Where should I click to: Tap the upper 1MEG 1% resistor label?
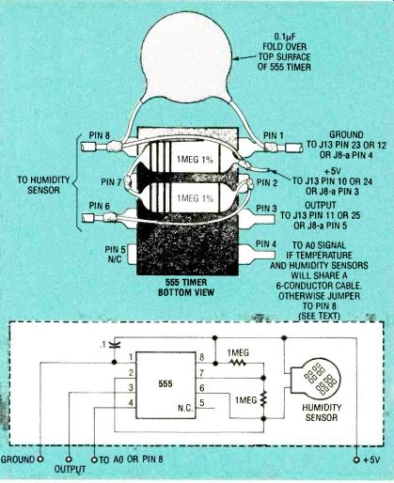click(195, 160)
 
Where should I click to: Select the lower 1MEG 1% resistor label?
click(195, 198)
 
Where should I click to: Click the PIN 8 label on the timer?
click(100, 135)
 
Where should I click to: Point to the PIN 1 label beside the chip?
click(274, 135)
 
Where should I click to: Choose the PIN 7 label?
click(111, 181)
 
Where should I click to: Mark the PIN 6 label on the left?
click(100, 206)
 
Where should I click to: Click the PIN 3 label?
click(266, 209)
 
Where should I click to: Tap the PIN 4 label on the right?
click(266, 243)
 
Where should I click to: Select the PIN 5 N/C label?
click(116, 255)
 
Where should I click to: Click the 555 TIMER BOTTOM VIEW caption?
click(186, 288)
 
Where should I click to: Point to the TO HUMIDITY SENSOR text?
click(43, 185)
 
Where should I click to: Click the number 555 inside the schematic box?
click(165, 383)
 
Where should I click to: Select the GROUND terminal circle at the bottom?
click(40, 460)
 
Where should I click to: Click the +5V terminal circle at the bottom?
click(356, 460)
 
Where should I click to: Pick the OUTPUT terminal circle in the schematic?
click(69, 460)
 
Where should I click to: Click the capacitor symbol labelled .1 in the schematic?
click(115, 345)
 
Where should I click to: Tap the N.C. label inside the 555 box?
click(185, 409)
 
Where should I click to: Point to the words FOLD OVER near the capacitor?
click(285, 47)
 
